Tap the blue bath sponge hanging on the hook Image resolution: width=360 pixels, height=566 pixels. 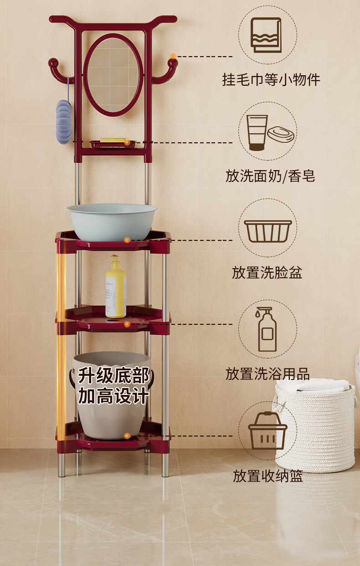(64, 122)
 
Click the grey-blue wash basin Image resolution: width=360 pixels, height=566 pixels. (112, 222)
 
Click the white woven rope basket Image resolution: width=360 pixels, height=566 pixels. (316, 425)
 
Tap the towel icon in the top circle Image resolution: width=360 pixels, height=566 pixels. (266, 35)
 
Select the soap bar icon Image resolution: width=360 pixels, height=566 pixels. (281, 134)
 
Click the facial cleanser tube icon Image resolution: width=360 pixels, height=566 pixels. (257, 132)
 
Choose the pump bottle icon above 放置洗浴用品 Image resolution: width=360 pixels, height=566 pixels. (267, 329)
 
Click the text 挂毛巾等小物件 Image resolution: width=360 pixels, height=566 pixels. (271, 80)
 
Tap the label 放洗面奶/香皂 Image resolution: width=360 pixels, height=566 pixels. (270, 176)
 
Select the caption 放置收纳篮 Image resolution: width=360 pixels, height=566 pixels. (268, 476)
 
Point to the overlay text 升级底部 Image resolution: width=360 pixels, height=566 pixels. (114, 375)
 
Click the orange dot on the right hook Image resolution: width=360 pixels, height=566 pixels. (173, 56)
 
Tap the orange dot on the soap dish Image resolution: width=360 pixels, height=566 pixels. (127, 142)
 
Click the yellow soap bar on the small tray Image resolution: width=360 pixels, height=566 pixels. (113, 140)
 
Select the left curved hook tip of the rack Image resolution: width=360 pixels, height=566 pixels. (53, 62)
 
